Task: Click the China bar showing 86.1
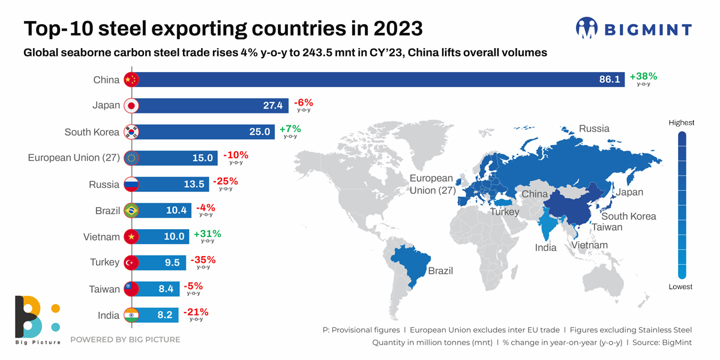point(378,80)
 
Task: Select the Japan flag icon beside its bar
point(131,106)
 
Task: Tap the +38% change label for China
point(643,77)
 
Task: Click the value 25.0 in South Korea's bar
point(259,132)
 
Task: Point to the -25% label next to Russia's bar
point(226,181)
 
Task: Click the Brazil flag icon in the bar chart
point(131,211)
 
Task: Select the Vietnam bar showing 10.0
point(162,237)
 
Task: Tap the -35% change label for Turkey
point(203,260)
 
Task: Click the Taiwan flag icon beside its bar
point(131,289)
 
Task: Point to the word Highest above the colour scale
point(681,122)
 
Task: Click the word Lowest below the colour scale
point(680,287)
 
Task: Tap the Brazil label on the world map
point(440,271)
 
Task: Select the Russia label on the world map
point(593,128)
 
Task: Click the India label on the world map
point(545,248)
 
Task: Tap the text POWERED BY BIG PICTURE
point(125,340)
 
